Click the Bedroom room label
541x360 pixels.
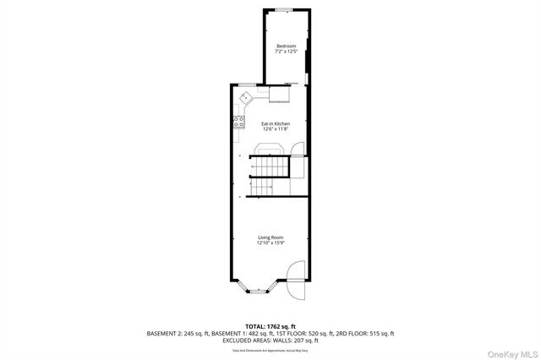point(286,46)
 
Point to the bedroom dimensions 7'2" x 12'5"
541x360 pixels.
point(286,52)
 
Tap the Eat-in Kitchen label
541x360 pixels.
point(275,123)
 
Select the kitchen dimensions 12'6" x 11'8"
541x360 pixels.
point(275,129)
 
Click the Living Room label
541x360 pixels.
point(270,237)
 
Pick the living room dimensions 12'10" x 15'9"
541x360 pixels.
point(270,243)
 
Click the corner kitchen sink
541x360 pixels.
point(246,98)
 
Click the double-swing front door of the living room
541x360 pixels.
point(296,283)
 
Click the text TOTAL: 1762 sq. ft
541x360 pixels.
point(270,325)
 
